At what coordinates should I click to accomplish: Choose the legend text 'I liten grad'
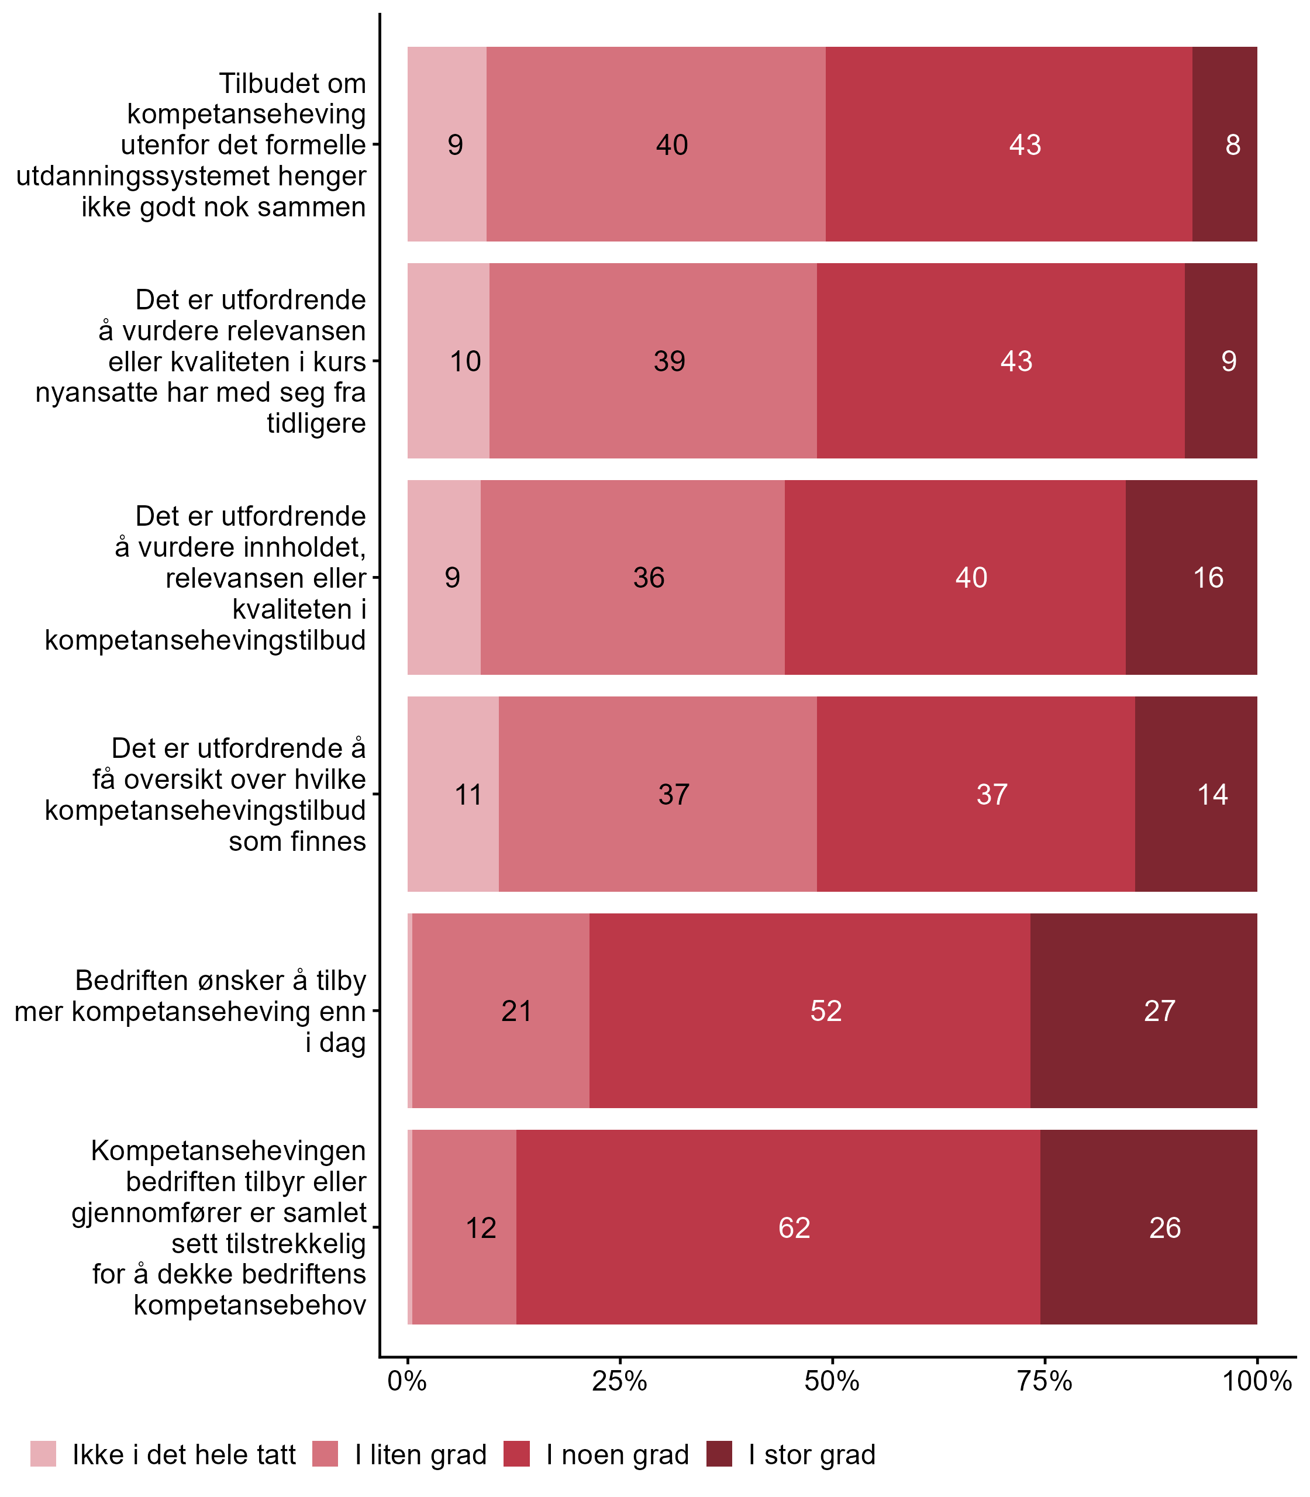click(420, 1455)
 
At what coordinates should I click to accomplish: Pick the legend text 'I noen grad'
click(617, 1455)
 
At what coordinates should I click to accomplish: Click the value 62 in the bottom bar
click(794, 1227)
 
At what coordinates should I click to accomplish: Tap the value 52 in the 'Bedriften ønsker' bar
click(826, 1011)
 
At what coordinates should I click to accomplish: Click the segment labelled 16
click(1192, 578)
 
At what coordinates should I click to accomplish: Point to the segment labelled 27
click(1143, 1011)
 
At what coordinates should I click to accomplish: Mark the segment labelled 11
click(453, 794)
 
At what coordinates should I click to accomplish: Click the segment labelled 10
click(448, 361)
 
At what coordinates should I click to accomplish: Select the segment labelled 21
click(501, 1011)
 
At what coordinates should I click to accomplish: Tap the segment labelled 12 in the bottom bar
click(465, 1227)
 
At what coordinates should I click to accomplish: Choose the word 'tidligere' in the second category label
click(316, 423)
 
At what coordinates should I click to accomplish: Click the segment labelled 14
click(1196, 794)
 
